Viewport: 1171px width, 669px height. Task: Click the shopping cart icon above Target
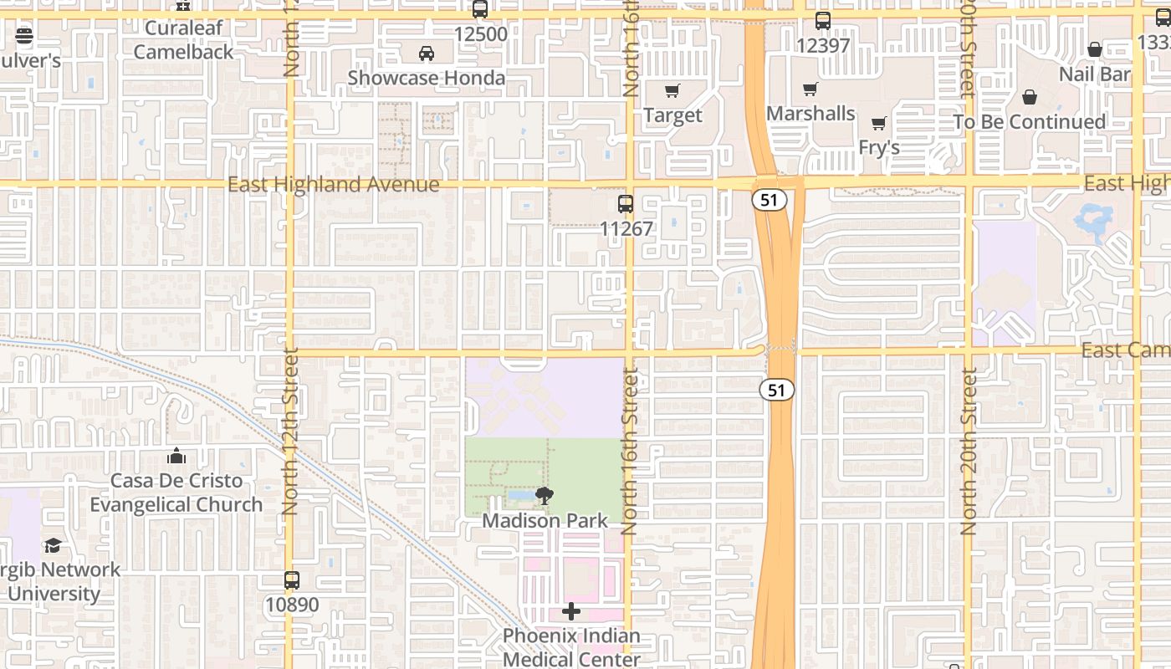(672, 90)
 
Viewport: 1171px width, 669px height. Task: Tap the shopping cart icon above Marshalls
(810, 89)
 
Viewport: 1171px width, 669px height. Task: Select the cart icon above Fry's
(878, 124)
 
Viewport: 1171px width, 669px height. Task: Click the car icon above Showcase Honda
(426, 54)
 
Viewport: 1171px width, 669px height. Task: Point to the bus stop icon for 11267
(625, 203)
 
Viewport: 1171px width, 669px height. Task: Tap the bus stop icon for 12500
(480, 10)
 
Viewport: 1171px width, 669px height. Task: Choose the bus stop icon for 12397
(823, 21)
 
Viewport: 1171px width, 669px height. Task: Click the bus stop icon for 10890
(292, 580)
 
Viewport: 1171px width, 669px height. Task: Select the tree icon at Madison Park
(545, 496)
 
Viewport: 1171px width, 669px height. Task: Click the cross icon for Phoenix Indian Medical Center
(571, 611)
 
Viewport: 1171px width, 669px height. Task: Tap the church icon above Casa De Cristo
(176, 456)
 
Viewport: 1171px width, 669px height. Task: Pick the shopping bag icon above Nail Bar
(1094, 50)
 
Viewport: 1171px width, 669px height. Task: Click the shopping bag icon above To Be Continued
(1030, 98)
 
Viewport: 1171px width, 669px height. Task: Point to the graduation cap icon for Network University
(53, 545)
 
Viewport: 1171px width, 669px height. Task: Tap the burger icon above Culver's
(23, 36)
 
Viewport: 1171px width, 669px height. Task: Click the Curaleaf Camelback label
(184, 39)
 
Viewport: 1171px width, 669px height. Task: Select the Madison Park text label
(545, 520)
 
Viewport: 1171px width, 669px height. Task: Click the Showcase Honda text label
(426, 78)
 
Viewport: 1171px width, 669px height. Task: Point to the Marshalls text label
(810, 113)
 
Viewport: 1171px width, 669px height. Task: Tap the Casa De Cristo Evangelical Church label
(176, 493)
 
